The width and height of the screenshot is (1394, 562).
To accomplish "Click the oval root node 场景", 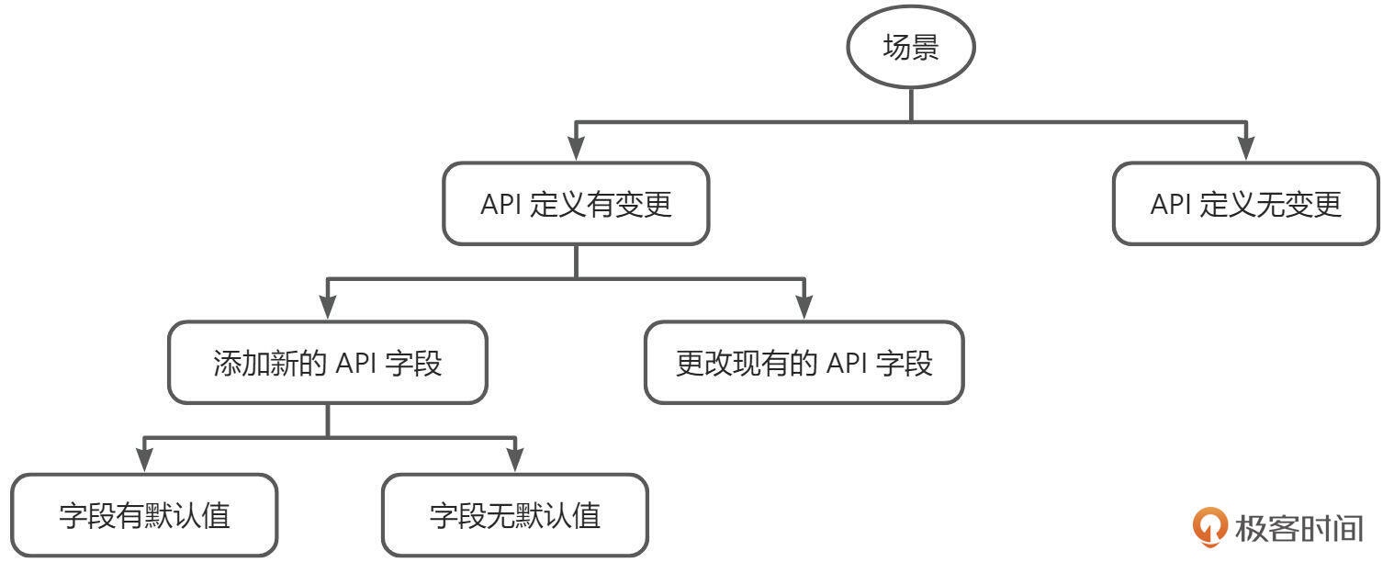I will (910, 49).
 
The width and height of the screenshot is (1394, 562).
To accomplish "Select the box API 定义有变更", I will (576, 204).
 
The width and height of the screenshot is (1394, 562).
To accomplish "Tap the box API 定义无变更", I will (1245, 204).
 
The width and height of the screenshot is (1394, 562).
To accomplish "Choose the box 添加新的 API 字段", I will (328, 363).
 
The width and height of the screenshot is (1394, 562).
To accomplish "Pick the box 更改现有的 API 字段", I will (804, 363).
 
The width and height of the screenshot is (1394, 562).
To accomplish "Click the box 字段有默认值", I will (144, 515).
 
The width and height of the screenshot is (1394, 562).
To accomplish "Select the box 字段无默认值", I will (514, 515).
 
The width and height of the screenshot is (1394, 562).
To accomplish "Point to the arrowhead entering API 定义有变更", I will (576, 151).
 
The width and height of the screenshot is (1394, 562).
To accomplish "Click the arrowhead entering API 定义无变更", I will (1245, 151).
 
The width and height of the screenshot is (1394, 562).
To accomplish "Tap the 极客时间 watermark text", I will (1298, 528).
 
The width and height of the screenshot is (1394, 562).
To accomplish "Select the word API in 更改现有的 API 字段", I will (847, 364).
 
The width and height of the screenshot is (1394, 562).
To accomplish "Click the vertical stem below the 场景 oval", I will (910, 104).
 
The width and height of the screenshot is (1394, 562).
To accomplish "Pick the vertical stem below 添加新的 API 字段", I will (328, 421).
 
